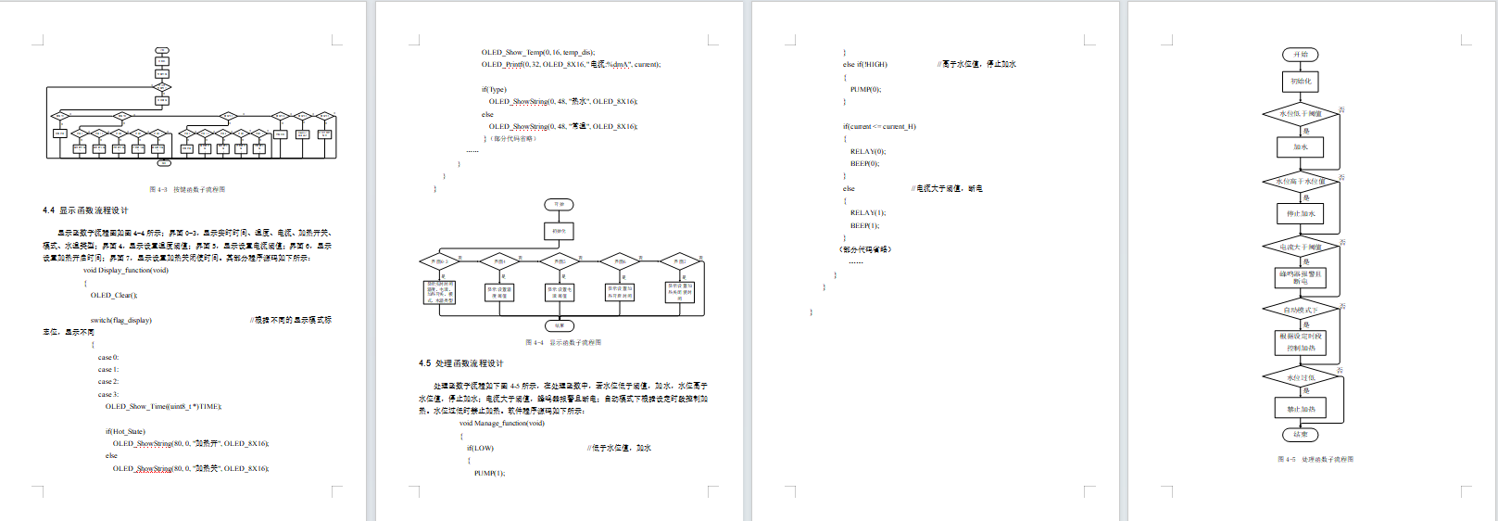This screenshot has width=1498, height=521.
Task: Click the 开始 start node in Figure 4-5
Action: point(1300,55)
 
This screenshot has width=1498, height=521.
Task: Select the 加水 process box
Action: point(1300,146)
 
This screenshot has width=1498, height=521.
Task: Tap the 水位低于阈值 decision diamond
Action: point(1300,114)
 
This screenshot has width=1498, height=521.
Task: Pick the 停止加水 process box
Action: point(1300,214)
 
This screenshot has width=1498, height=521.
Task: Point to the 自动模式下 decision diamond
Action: point(1300,310)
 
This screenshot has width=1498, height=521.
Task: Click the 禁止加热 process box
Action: point(1300,409)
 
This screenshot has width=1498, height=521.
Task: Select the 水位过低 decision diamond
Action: point(1300,377)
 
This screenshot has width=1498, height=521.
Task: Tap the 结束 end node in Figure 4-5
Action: point(1300,434)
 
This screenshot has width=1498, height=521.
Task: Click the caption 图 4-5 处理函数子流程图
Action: point(1315,459)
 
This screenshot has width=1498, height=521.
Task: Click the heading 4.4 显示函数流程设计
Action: point(85,210)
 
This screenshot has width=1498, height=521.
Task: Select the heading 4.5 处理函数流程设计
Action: point(460,363)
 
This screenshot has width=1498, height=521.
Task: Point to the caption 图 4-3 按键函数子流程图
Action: point(187,189)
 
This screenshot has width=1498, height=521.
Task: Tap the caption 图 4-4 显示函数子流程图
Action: point(563,342)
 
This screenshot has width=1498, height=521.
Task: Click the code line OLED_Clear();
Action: point(114,295)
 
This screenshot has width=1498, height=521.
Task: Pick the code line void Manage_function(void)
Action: point(502,423)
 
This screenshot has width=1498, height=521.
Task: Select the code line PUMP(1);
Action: point(489,473)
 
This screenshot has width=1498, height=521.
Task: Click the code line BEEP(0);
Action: point(864,163)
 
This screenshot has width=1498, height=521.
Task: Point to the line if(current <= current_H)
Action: point(879,126)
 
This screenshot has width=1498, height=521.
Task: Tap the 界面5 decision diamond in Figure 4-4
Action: point(680,261)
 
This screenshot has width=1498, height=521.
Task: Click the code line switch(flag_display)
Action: point(121,320)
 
